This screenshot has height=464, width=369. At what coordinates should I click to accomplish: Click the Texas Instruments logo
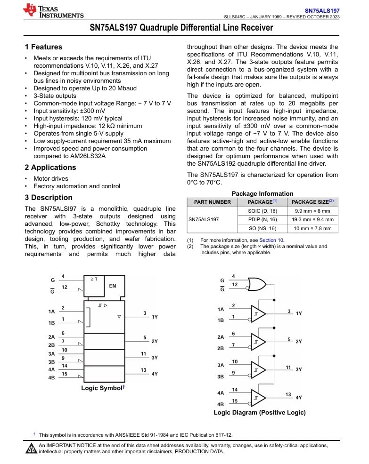53,11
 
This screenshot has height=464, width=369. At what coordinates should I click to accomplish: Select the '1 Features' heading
43,47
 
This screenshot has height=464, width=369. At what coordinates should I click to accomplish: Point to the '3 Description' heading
49,198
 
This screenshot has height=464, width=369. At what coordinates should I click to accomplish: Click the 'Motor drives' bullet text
51,179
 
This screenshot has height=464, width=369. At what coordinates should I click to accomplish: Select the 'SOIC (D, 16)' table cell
262,211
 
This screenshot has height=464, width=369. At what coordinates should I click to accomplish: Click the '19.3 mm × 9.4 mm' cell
312,219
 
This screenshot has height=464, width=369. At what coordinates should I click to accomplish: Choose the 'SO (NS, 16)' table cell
262,228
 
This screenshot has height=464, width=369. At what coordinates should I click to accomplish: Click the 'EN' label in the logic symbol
113,286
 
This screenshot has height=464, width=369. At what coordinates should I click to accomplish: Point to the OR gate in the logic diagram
256,284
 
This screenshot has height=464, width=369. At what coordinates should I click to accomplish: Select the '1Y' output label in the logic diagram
299,313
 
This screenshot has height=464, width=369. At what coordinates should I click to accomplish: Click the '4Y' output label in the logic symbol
155,374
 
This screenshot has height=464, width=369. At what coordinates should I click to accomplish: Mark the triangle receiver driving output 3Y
258,370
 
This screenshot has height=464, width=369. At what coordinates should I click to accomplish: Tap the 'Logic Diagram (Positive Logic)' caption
260,412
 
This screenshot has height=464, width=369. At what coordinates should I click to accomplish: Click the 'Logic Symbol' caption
101,388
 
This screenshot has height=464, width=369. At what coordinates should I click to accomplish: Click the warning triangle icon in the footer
32,448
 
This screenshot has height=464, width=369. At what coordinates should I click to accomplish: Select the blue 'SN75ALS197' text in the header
322,10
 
